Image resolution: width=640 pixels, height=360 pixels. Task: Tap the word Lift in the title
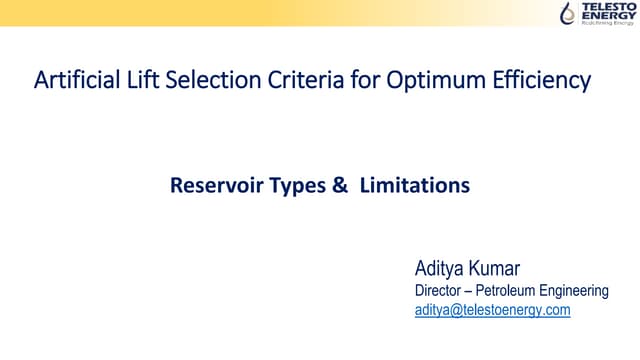(x=131, y=81)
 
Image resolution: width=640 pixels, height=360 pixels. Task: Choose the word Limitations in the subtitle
(x=406, y=186)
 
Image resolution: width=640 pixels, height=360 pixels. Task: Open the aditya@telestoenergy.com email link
(x=492, y=311)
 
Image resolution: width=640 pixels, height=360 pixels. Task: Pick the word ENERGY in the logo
(x=604, y=17)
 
